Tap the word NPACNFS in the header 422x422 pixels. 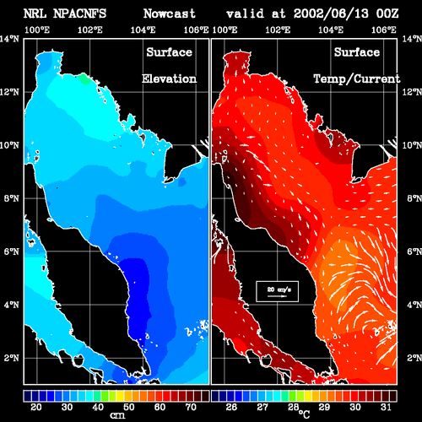tap(79, 14)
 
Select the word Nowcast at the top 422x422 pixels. tap(170, 14)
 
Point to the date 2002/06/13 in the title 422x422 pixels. tap(331, 14)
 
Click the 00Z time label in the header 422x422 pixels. tap(387, 14)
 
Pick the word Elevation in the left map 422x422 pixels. tap(169, 78)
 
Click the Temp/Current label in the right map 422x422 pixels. tap(357, 78)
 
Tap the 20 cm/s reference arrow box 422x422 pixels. tap(277, 291)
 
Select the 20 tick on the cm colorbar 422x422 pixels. tap(36, 407)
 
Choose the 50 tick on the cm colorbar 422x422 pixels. tap(129, 407)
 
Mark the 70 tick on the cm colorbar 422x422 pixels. tap(191, 407)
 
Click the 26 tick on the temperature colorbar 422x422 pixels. tap(231, 407)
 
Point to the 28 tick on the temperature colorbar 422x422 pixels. tap(293, 407)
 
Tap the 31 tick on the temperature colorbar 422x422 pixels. tap(386, 407)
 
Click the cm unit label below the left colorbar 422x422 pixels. tap(117, 415)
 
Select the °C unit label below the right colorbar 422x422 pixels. tap(304, 414)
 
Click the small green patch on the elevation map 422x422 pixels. tap(84, 78)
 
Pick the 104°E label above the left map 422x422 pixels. tap(143, 30)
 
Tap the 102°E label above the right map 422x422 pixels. tap(278, 30)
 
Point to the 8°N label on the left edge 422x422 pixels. tap(12, 198)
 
